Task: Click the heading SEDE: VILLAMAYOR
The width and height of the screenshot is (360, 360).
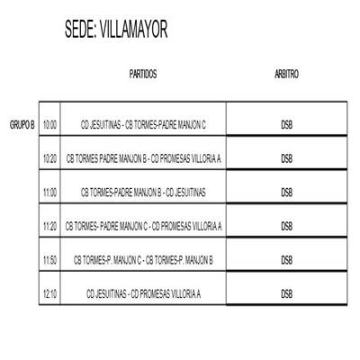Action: (x=116, y=30)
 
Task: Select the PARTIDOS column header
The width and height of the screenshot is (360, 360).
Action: (x=143, y=74)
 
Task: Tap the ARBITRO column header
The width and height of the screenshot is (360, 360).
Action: (x=286, y=74)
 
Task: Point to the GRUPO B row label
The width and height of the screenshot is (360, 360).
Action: (x=22, y=124)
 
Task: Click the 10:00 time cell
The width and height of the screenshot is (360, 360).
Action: (x=49, y=124)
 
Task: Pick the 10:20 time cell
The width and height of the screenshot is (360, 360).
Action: (x=49, y=158)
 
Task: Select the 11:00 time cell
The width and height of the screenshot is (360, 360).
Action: (x=49, y=192)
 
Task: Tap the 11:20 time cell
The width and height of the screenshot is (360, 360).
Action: (x=49, y=226)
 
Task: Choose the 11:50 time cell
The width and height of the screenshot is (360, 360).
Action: (x=49, y=260)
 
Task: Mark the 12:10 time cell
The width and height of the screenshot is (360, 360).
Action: (x=49, y=293)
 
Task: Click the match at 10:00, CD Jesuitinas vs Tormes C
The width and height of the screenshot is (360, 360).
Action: (x=143, y=124)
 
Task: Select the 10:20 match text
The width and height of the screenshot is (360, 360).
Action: (x=143, y=158)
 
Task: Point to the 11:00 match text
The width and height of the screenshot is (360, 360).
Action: (x=143, y=192)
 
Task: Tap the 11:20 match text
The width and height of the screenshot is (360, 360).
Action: (x=143, y=226)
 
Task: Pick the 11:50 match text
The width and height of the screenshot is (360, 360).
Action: (x=143, y=260)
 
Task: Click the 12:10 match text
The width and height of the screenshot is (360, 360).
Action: (x=143, y=293)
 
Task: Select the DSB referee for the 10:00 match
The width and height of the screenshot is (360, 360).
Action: (x=287, y=124)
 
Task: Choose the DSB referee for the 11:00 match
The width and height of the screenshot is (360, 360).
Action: (x=287, y=192)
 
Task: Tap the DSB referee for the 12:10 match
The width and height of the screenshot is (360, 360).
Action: (x=287, y=293)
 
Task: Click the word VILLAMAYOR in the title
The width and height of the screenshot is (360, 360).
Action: (x=133, y=30)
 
